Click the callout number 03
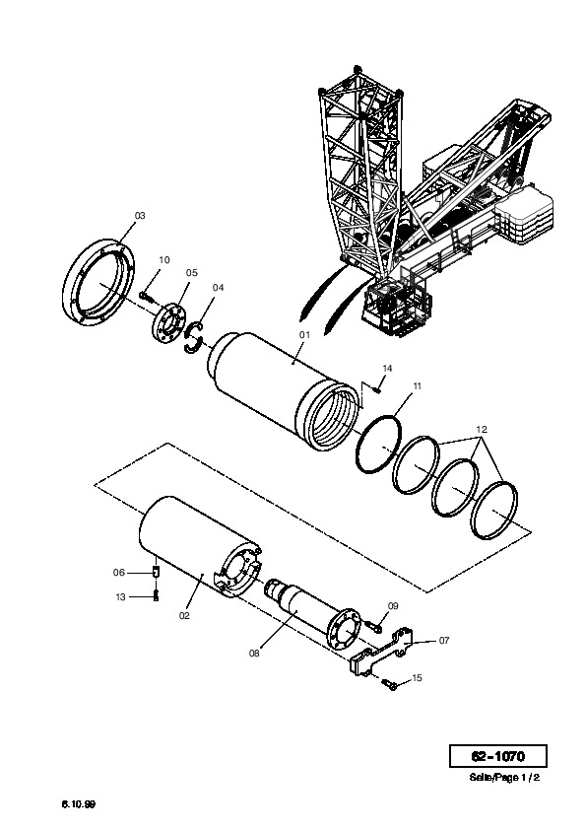tap(140, 216)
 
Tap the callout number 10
tap(164, 260)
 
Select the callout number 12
tap(482, 429)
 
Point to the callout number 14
tap(388, 368)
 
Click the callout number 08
tap(254, 654)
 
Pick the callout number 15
tap(418, 678)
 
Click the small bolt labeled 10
tap(147, 297)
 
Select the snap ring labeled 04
tap(194, 338)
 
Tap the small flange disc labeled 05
tap(168, 322)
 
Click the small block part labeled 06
tap(156, 572)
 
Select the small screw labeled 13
tap(156, 595)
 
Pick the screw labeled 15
tap(389, 685)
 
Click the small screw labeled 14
tap(376, 390)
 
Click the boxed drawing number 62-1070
tap(498, 756)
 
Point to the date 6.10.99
tap(79, 804)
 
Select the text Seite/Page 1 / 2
tap(504, 778)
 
